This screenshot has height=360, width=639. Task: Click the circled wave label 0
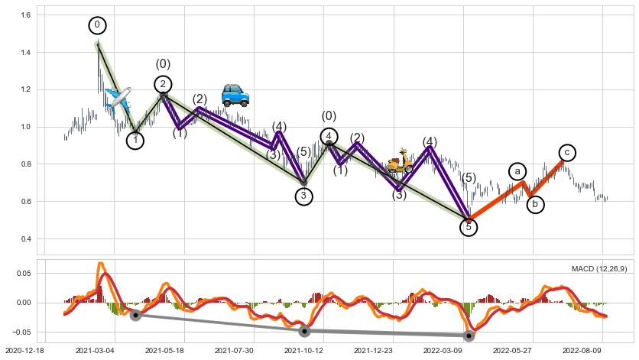[x=97, y=25]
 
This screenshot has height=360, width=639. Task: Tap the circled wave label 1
[x=135, y=140]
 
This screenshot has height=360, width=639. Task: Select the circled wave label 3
[x=304, y=196]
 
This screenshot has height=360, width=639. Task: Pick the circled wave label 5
[x=469, y=227]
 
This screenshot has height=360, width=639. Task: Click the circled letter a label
[x=517, y=171]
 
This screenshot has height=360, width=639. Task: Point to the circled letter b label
[x=536, y=204]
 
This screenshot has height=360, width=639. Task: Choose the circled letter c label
[x=566, y=153]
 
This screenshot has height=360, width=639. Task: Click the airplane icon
[x=118, y=99]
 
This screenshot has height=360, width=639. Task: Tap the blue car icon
[x=235, y=95]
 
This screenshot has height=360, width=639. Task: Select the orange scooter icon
[x=399, y=162]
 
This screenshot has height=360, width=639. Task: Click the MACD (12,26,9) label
[x=599, y=268]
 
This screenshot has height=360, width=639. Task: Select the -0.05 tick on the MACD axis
[x=20, y=332]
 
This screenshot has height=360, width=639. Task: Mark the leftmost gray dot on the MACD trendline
[x=135, y=315]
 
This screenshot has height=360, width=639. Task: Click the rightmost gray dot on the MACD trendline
[x=469, y=336]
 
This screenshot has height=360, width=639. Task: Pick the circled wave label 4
[x=329, y=136]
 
